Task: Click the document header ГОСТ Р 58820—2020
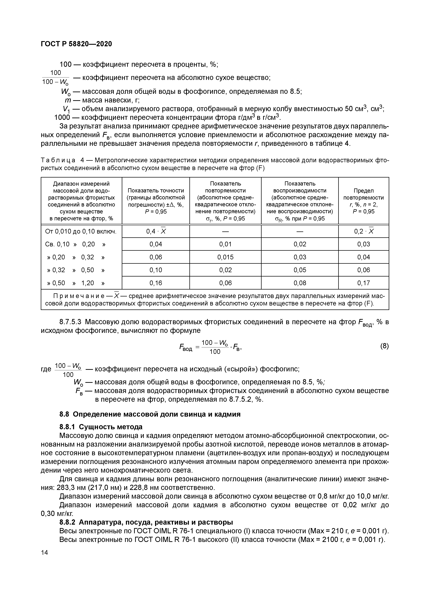[76, 44]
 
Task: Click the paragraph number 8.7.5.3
[70, 322]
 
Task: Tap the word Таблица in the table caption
[59, 160]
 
